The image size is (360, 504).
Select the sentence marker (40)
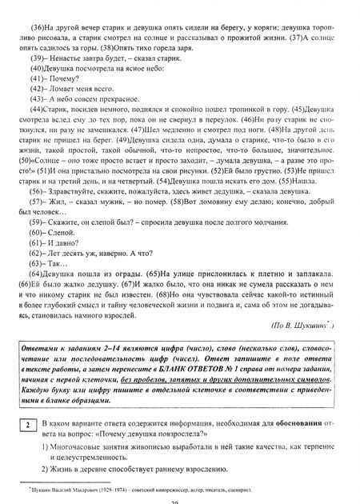tap(38, 70)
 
